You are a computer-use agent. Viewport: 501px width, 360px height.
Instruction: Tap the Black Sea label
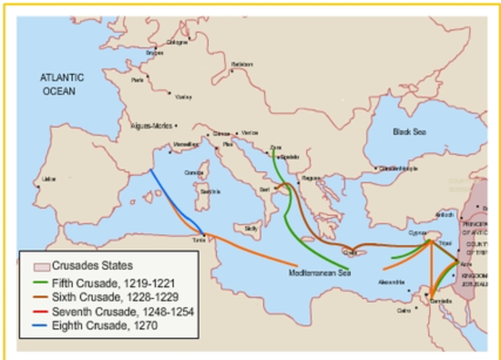pos(410,132)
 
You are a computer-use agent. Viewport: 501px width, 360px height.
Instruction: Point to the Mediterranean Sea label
pos(319,273)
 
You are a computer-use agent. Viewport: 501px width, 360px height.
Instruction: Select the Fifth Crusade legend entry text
pos(105,283)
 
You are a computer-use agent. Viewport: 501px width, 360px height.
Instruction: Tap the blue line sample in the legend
pos(37,326)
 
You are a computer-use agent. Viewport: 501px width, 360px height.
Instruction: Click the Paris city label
pos(138,80)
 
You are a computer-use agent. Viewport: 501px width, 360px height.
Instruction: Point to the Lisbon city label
pos(49,179)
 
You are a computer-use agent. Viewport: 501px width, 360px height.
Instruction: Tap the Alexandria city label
pos(391,282)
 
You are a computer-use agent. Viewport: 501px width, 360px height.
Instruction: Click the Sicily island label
pos(251,228)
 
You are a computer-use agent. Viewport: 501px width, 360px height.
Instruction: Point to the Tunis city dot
pos(204,234)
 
